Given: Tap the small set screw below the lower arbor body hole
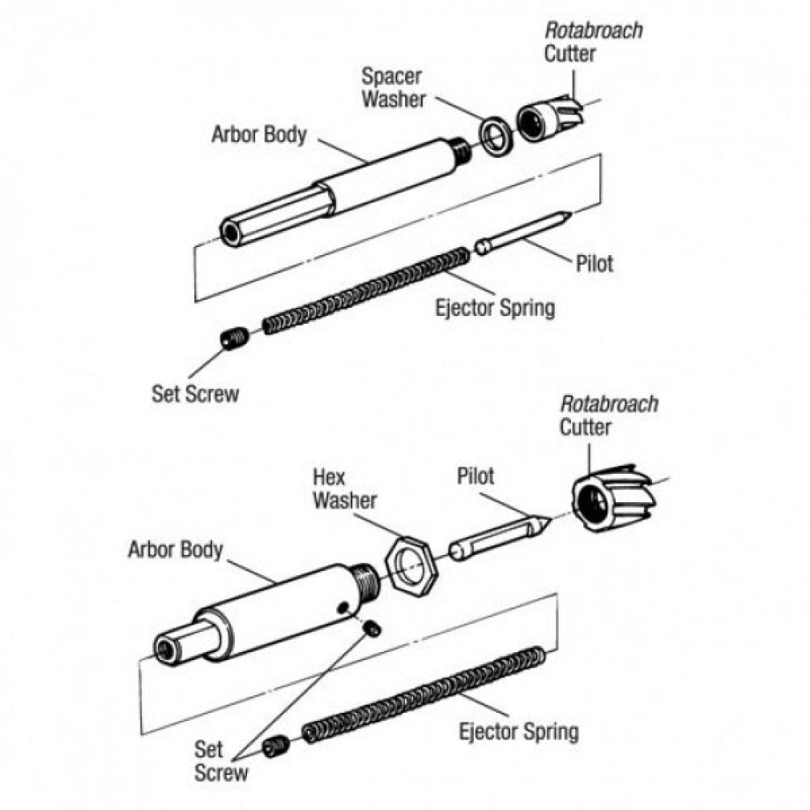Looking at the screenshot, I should [x=373, y=629].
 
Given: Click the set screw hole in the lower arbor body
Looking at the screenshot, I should [x=344, y=608].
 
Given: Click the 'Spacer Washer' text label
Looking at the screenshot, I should [x=392, y=88].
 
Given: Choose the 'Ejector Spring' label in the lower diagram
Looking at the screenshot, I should [x=518, y=731].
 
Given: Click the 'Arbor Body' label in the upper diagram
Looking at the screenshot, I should [x=259, y=134].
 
